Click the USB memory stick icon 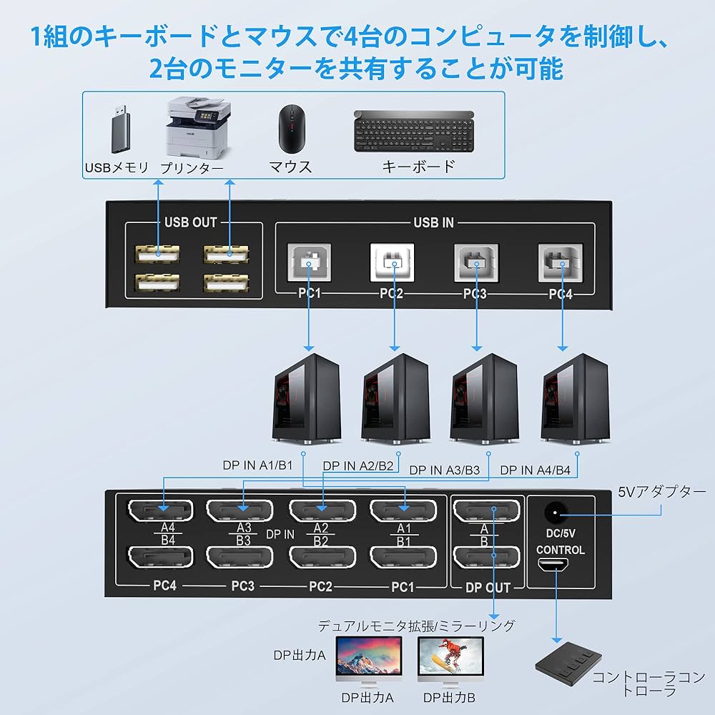point(119,131)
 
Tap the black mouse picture point(290,129)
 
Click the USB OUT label point(190,222)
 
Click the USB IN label point(433,222)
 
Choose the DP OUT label point(488,588)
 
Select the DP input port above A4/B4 point(162,511)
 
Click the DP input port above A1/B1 point(403,511)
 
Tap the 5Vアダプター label point(662,492)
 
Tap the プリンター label point(191,167)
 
